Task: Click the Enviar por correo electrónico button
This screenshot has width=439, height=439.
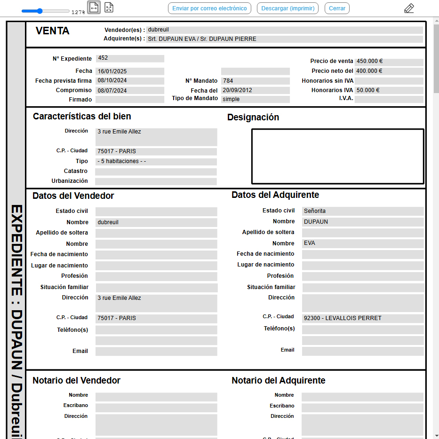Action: pos(209,8)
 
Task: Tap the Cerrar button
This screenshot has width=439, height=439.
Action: pos(337,8)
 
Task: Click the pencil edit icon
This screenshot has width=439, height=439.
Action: pos(409,8)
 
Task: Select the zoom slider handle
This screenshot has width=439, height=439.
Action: pos(40,11)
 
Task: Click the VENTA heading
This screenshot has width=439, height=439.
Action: pos(53,31)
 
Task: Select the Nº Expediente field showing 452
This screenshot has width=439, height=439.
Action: pos(130,58)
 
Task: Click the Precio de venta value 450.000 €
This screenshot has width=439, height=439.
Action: pos(389,62)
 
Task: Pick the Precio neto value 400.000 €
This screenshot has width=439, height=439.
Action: pos(389,71)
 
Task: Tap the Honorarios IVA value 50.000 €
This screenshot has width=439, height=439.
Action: pos(389,90)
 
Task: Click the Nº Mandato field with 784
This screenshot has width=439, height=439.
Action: pos(255,81)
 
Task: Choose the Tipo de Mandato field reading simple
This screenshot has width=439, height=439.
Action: pos(255,99)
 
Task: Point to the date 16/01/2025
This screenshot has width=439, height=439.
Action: pos(130,71)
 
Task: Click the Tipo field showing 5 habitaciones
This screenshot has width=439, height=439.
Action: pos(156,162)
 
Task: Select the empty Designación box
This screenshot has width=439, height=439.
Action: pos(337,156)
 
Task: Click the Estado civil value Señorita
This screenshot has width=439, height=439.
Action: pos(362,212)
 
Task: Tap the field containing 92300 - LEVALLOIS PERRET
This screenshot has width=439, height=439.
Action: pos(362,319)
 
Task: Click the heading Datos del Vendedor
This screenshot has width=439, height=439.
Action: pos(73,196)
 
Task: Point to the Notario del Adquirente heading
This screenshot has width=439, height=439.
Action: pos(279,381)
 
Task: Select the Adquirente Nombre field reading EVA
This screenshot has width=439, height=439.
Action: pos(362,243)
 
